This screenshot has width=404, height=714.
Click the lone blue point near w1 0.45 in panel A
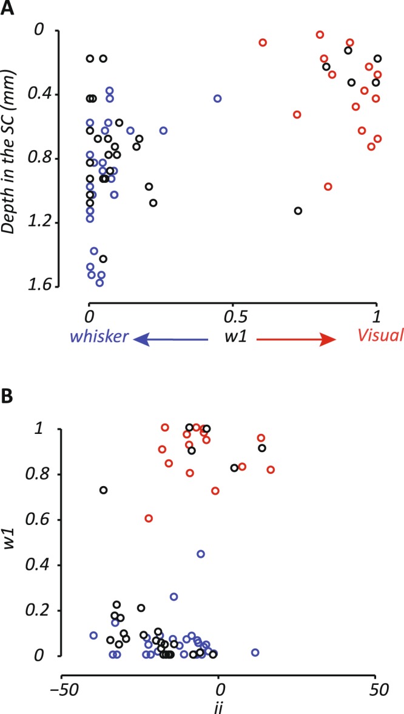coord(218,98)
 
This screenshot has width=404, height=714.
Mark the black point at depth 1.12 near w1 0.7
coord(298,211)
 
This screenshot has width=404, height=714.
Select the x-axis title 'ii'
coord(219,707)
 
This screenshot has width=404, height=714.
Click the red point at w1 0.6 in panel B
coord(149,518)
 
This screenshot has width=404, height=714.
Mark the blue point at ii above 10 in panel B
coord(255,652)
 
